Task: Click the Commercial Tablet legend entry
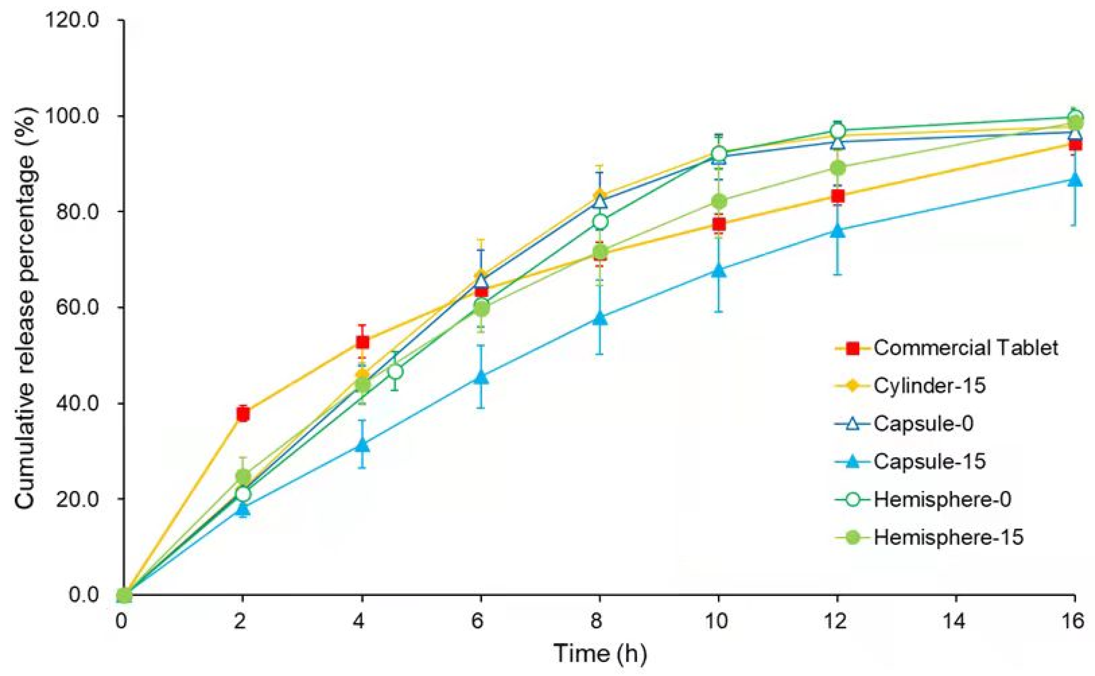[965, 348]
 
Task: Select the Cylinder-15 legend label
[930, 385]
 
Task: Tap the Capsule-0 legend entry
[923, 423]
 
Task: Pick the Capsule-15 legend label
[930, 461]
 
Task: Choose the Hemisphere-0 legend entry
[942, 499]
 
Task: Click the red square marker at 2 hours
[243, 414]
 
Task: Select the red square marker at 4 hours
[362, 343]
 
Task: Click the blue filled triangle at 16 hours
[1075, 181]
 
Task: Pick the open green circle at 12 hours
[837, 131]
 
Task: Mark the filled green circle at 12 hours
[837, 168]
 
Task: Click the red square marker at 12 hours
[837, 196]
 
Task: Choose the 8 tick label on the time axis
[600, 622]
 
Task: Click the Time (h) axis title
[600, 654]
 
